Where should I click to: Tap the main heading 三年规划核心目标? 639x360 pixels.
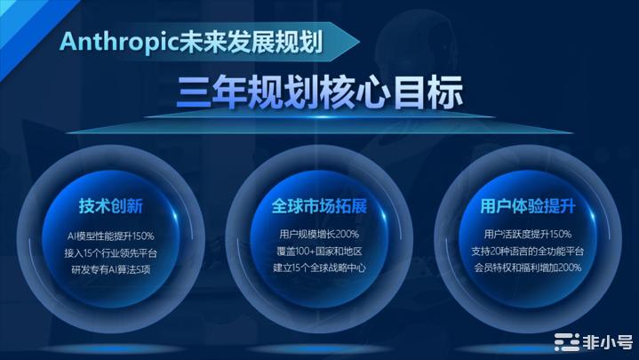pos(320,92)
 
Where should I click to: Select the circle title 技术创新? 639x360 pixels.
pos(111,206)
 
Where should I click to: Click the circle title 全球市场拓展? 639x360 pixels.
pos(320,206)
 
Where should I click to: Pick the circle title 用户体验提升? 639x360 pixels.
pos(528,206)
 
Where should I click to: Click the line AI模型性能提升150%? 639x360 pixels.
pos(111,236)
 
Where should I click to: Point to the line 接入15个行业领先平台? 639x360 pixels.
pos(111,253)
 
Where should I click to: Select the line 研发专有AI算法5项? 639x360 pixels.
pos(111,270)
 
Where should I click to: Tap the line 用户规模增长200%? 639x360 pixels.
pos(320,234)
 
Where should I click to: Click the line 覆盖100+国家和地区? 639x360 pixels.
pos(320,252)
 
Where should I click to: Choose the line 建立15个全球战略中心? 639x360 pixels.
pos(320,268)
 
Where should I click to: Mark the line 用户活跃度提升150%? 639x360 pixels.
pos(528,234)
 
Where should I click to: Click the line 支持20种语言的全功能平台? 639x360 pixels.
pos(528,252)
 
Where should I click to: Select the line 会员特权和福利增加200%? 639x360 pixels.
pos(528,268)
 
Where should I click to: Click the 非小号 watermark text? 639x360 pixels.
pos(608,342)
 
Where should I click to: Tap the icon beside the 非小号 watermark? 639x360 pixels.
pos(567,342)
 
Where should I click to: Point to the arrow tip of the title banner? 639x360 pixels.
pos(359,42)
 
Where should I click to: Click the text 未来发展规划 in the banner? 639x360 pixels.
pos(252,42)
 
